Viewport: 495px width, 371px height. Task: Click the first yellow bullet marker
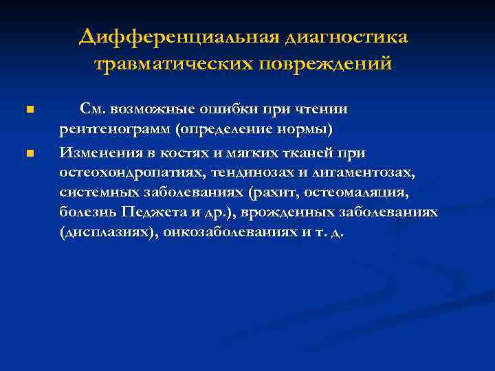[x=28, y=110]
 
